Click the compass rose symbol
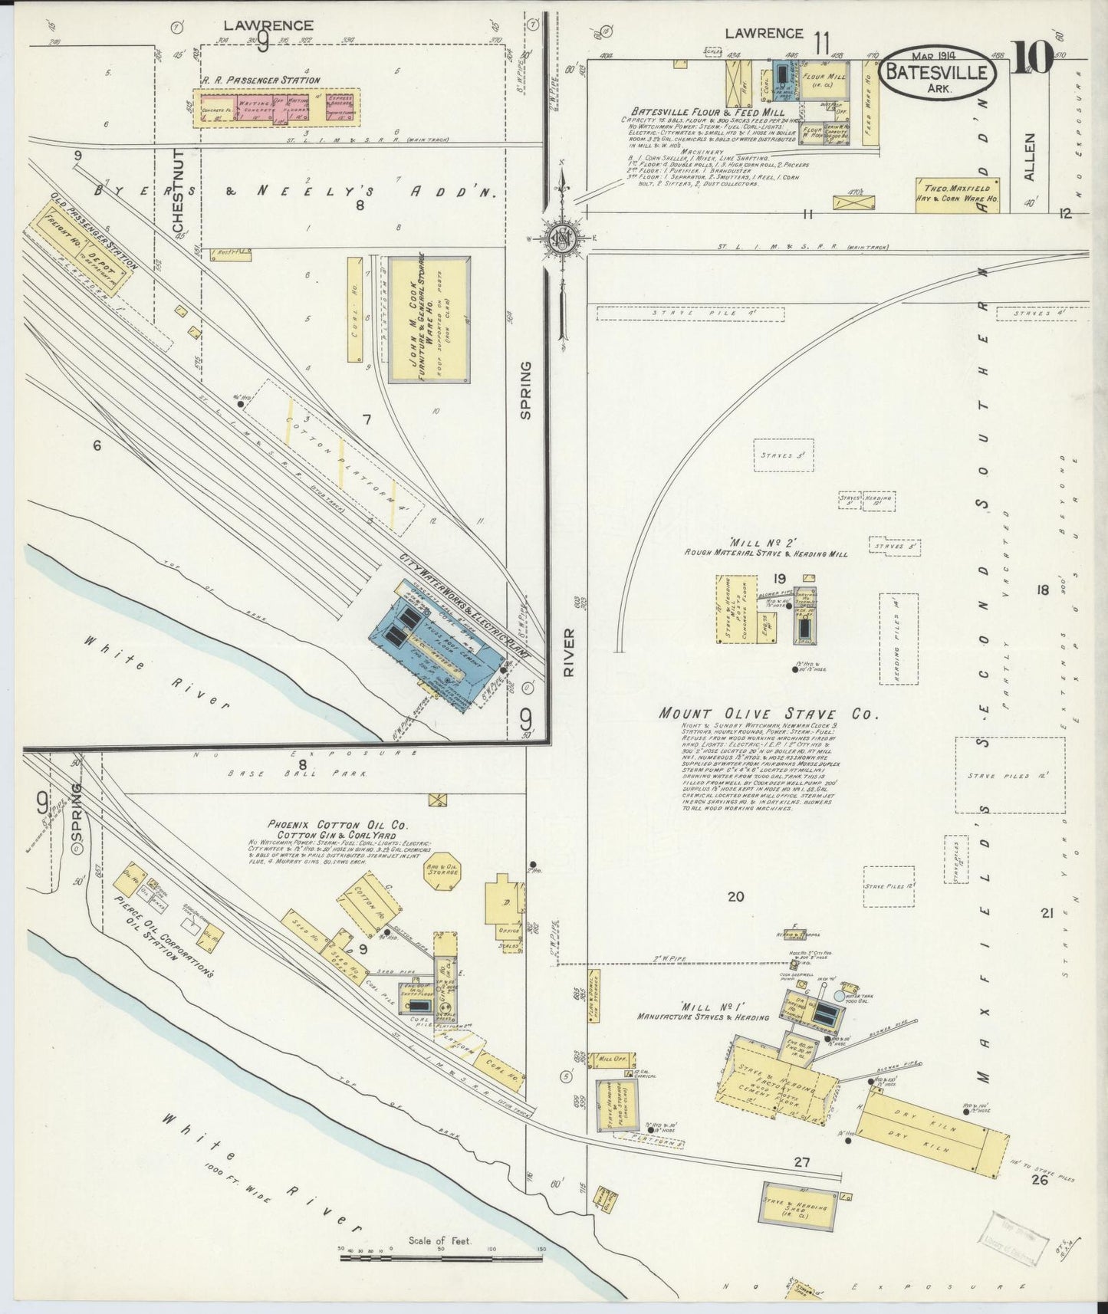[563, 238]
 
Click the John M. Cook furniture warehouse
[429, 319]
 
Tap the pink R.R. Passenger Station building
[273, 109]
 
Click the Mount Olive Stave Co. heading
[766, 713]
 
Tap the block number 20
[735, 897]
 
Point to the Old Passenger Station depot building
[81, 261]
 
